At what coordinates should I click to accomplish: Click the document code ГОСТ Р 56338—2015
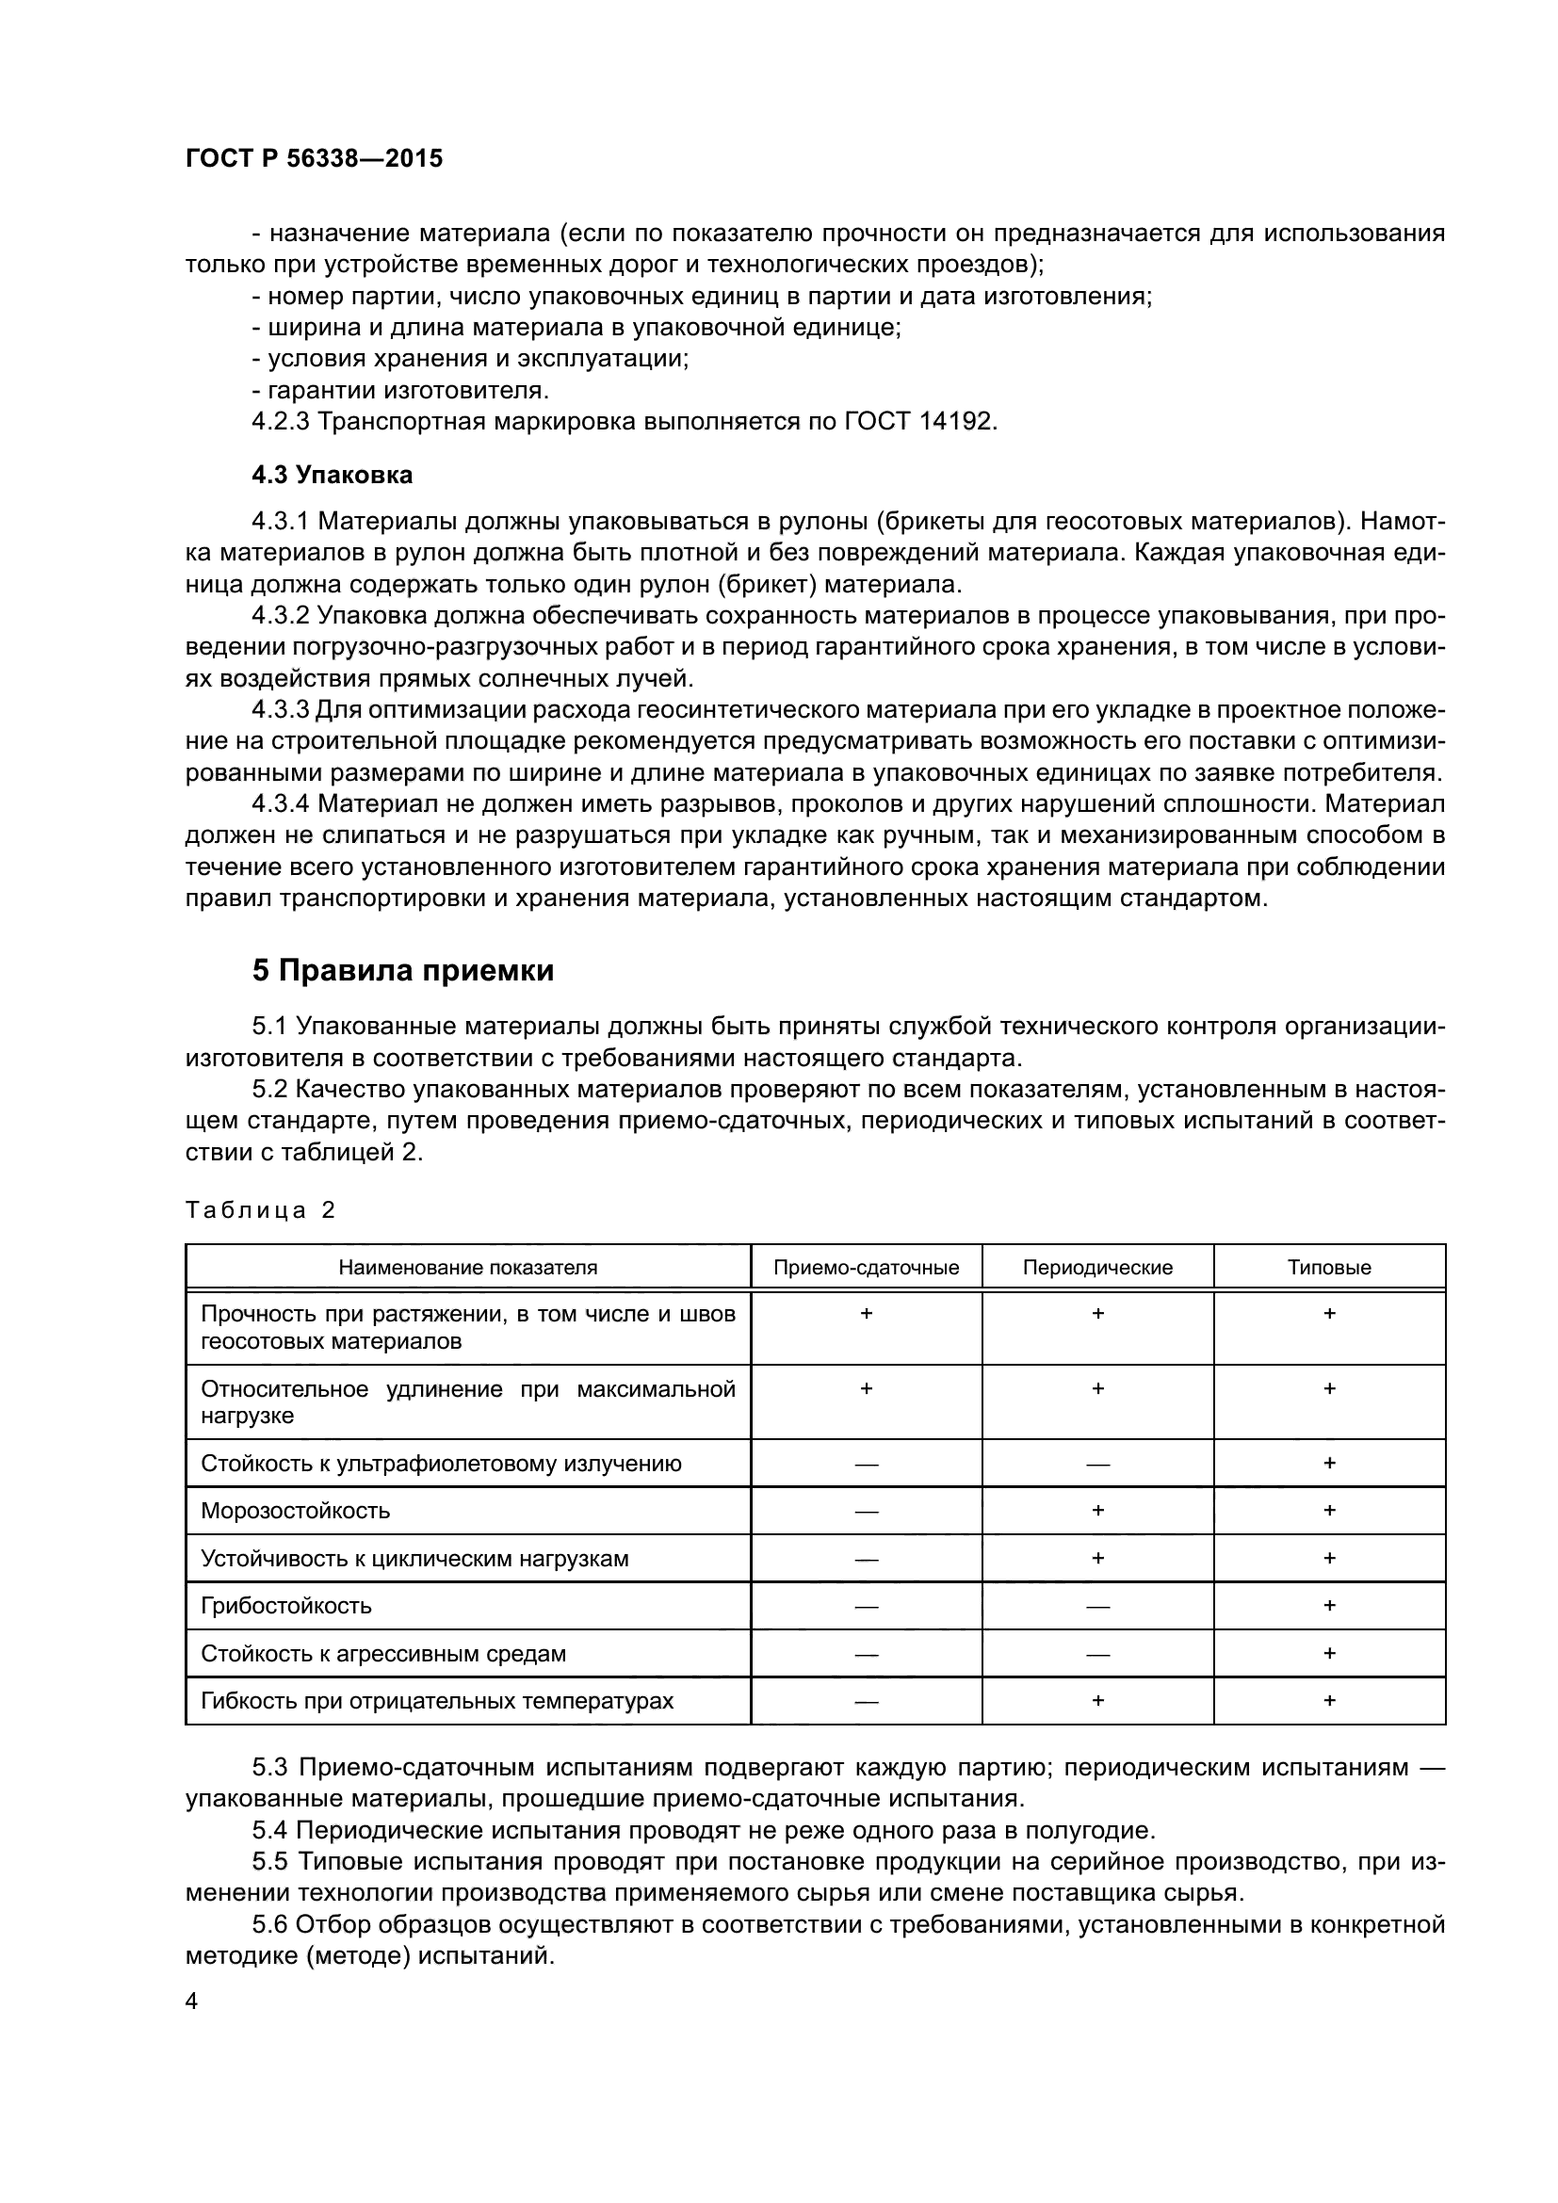tap(314, 158)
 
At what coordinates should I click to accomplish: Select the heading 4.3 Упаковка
tap(332, 475)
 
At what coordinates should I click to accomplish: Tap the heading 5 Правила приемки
tap(403, 971)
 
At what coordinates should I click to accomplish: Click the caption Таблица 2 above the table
tap(260, 1210)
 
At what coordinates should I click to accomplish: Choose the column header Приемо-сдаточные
tap(867, 1268)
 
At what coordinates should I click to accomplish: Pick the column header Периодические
tap(1097, 1268)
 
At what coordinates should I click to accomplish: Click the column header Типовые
tap(1329, 1268)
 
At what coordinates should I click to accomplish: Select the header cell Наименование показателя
tap(467, 1268)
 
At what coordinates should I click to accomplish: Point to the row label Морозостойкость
tap(296, 1511)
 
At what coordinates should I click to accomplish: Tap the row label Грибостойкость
tap(286, 1606)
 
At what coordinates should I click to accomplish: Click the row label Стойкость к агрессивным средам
tap(382, 1654)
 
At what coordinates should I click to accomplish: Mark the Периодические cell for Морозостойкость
tap(1097, 1510)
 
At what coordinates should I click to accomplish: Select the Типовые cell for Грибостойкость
tap(1329, 1605)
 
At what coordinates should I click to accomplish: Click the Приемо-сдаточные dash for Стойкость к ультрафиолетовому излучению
tap(867, 1465)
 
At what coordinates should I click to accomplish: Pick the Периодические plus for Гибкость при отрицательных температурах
tap(1097, 1700)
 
